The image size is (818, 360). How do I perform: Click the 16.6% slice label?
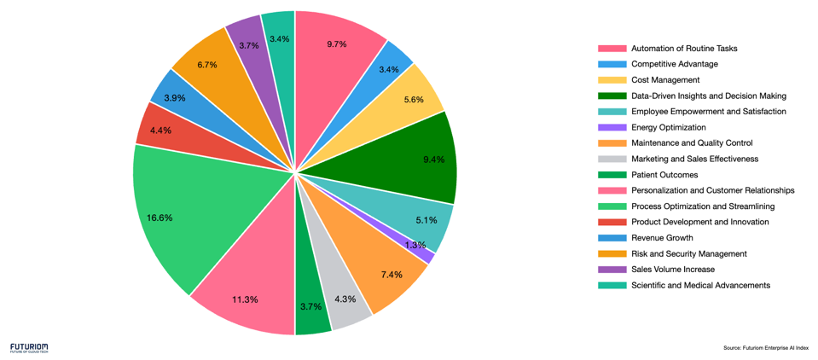pyautogui.click(x=160, y=218)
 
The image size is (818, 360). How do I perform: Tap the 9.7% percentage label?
pyautogui.click(x=337, y=44)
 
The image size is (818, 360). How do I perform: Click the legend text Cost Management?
pyautogui.click(x=665, y=80)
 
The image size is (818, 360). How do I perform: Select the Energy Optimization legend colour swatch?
pyautogui.click(x=612, y=127)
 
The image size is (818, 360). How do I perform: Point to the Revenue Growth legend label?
pyautogui.click(x=662, y=238)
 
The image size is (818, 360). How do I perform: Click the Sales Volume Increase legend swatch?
pyautogui.click(x=612, y=270)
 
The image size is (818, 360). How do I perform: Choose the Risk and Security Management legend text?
pyautogui.click(x=688, y=253)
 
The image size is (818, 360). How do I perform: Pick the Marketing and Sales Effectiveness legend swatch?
pyautogui.click(x=612, y=159)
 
